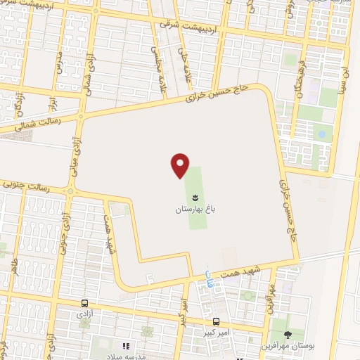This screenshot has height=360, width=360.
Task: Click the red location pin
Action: pyautogui.click(x=181, y=165)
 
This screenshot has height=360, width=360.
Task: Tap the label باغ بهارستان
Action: pyautogui.click(x=193, y=210)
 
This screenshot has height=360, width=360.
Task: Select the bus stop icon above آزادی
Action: pyautogui.click(x=84, y=304)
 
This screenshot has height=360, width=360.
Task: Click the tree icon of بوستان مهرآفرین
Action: pyautogui.click(x=288, y=334)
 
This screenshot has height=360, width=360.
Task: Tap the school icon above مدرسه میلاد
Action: pyautogui.click(x=127, y=346)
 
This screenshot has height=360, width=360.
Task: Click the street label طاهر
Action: pyautogui.click(x=13, y=268)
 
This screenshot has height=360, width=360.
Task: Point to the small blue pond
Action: pyautogui.click(x=321, y=132)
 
